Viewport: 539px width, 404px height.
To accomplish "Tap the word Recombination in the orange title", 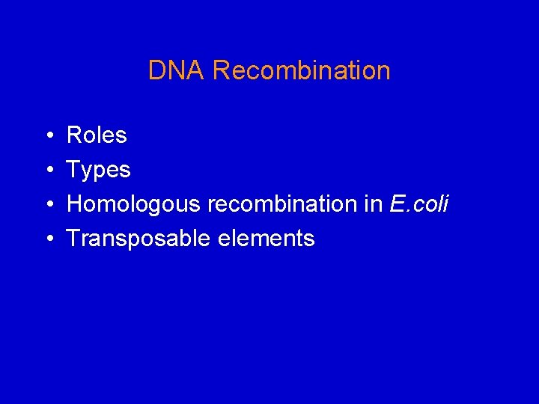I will coord(301,70).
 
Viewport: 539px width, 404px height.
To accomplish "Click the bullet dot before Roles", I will coord(48,136).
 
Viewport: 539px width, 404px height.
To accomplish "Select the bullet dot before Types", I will coord(48,171).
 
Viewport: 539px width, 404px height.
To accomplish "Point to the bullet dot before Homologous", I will coord(48,205).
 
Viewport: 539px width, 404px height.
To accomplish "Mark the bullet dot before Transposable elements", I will coord(48,239).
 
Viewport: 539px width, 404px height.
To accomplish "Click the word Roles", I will coord(97,135).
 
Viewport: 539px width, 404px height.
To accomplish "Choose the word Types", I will coord(99,171).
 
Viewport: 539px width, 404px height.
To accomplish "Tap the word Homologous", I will coord(135,204).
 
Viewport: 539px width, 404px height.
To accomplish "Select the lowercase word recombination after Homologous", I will coord(285,204).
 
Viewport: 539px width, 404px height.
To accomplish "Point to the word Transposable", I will coord(139,239).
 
